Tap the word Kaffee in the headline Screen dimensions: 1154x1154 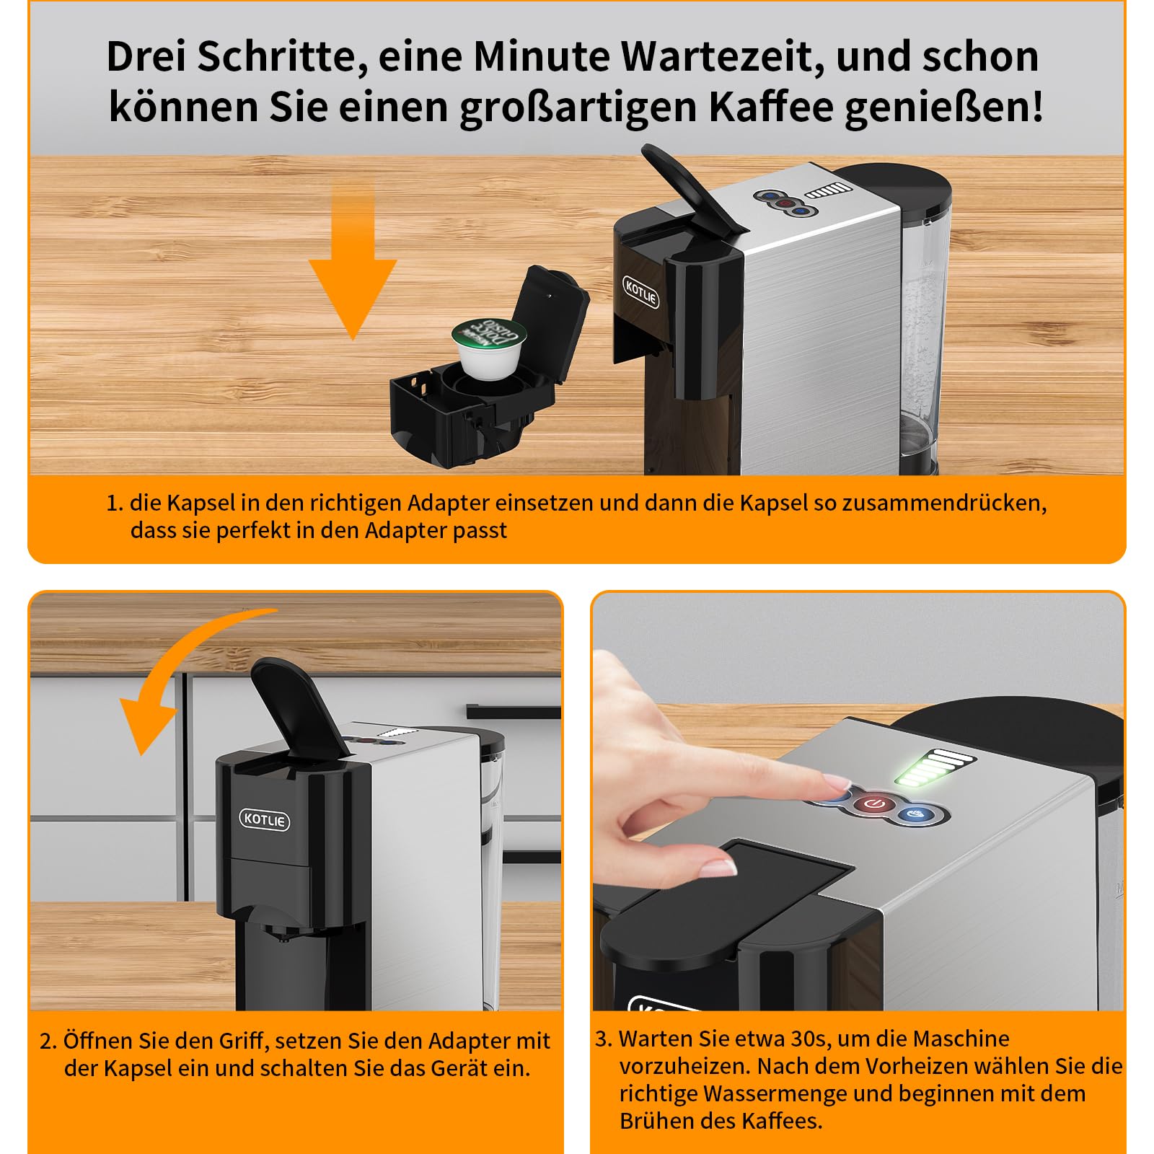(770, 107)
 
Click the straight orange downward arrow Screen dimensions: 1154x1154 (353, 260)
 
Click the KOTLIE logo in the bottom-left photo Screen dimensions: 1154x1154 (265, 819)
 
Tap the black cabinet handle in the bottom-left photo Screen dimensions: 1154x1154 (513, 711)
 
